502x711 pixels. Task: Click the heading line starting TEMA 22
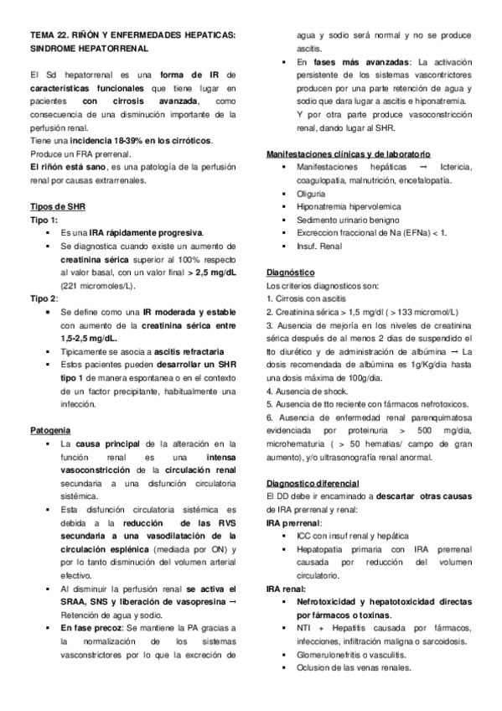tap(133, 34)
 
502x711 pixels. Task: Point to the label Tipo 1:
tap(44, 219)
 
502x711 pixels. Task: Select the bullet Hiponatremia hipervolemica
tap(349, 206)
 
